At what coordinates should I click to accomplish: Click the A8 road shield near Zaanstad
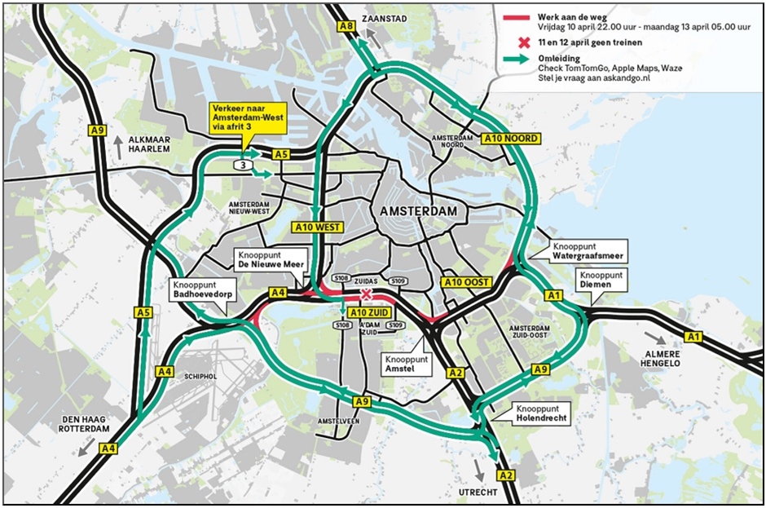346,27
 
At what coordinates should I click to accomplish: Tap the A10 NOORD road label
510,139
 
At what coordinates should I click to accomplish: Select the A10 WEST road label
319,227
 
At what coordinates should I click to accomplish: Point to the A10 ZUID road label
368,311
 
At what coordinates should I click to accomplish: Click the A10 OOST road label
466,282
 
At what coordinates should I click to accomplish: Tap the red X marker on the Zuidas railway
367,294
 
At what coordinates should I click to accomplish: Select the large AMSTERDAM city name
416,211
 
